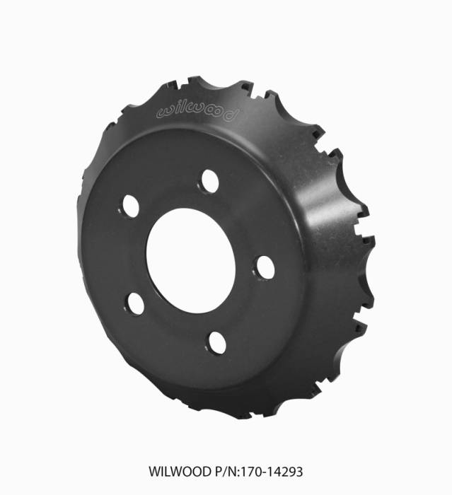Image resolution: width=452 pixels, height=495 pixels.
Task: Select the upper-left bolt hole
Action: click(x=131, y=205)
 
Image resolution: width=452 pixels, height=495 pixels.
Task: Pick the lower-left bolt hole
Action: click(x=136, y=304)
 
